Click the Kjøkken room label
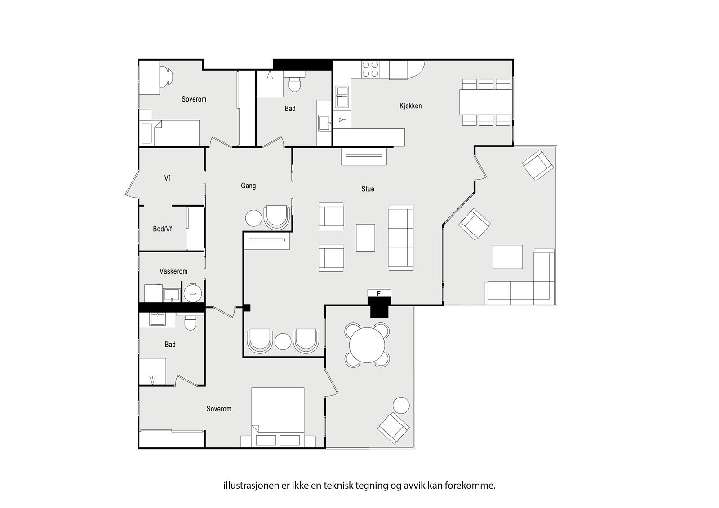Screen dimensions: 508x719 (410, 106)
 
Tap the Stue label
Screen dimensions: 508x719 (368, 189)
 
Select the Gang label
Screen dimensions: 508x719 (248, 186)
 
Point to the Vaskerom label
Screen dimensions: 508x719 (173, 271)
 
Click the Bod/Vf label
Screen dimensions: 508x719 (162, 229)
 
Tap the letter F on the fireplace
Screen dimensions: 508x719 (379, 294)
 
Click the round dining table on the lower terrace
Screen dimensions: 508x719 (367, 345)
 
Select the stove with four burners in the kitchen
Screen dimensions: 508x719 (370, 70)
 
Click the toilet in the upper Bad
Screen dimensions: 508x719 (294, 84)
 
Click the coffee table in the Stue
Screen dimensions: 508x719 (365, 238)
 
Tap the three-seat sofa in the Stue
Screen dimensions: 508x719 (400, 238)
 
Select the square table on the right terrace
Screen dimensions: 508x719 (507, 256)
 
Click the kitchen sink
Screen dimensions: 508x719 (342, 97)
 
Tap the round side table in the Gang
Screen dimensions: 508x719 (253, 218)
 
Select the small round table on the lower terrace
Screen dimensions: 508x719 (401, 406)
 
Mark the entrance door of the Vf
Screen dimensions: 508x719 (131, 186)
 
